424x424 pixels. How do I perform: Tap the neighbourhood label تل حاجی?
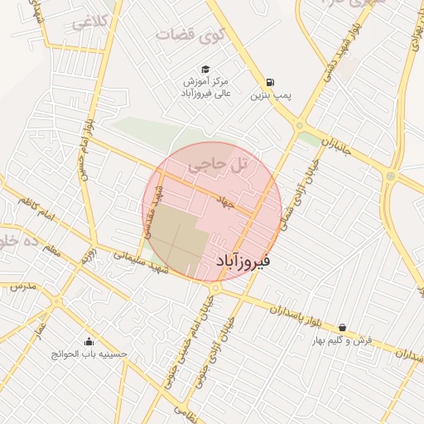(219, 165)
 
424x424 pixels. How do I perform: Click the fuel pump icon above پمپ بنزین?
(270, 82)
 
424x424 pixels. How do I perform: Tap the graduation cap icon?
(204, 70)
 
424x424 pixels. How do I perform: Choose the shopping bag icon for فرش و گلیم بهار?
(343, 328)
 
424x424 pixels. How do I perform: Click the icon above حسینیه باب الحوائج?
(89, 341)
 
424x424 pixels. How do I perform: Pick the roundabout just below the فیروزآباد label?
(215, 288)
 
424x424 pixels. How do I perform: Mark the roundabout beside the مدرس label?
(57, 301)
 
